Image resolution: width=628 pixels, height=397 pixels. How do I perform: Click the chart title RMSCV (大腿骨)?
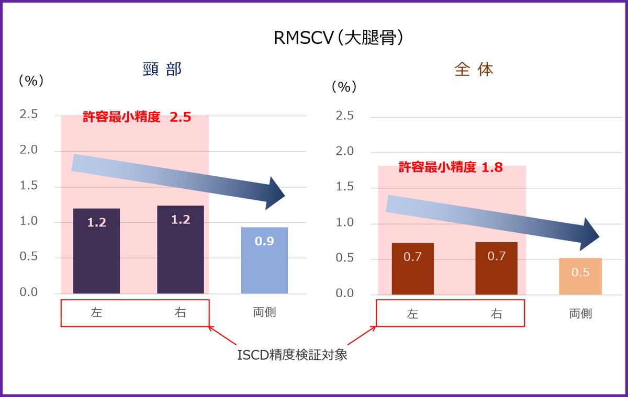click(339, 38)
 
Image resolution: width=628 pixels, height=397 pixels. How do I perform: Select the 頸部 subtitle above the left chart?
click(162, 70)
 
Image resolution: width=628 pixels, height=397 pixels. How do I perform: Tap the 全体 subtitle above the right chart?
click(474, 70)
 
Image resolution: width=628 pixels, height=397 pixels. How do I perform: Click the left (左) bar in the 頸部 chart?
click(96, 251)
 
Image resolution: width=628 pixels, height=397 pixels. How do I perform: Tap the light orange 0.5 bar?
click(580, 276)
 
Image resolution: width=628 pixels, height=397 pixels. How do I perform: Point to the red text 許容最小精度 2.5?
click(137, 117)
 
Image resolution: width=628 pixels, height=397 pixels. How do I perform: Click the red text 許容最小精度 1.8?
click(451, 167)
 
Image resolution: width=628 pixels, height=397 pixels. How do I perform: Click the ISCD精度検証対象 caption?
click(292, 355)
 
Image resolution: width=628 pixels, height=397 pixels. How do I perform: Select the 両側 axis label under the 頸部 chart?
click(264, 313)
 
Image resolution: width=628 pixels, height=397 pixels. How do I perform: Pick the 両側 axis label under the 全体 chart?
click(580, 314)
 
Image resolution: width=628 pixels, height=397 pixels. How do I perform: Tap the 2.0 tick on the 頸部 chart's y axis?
click(29, 150)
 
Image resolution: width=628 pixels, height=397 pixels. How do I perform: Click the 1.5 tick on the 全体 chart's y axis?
click(344, 187)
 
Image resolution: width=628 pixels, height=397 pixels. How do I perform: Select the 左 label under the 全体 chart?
click(412, 314)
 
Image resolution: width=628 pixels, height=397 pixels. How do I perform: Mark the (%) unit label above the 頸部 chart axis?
click(31, 81)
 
